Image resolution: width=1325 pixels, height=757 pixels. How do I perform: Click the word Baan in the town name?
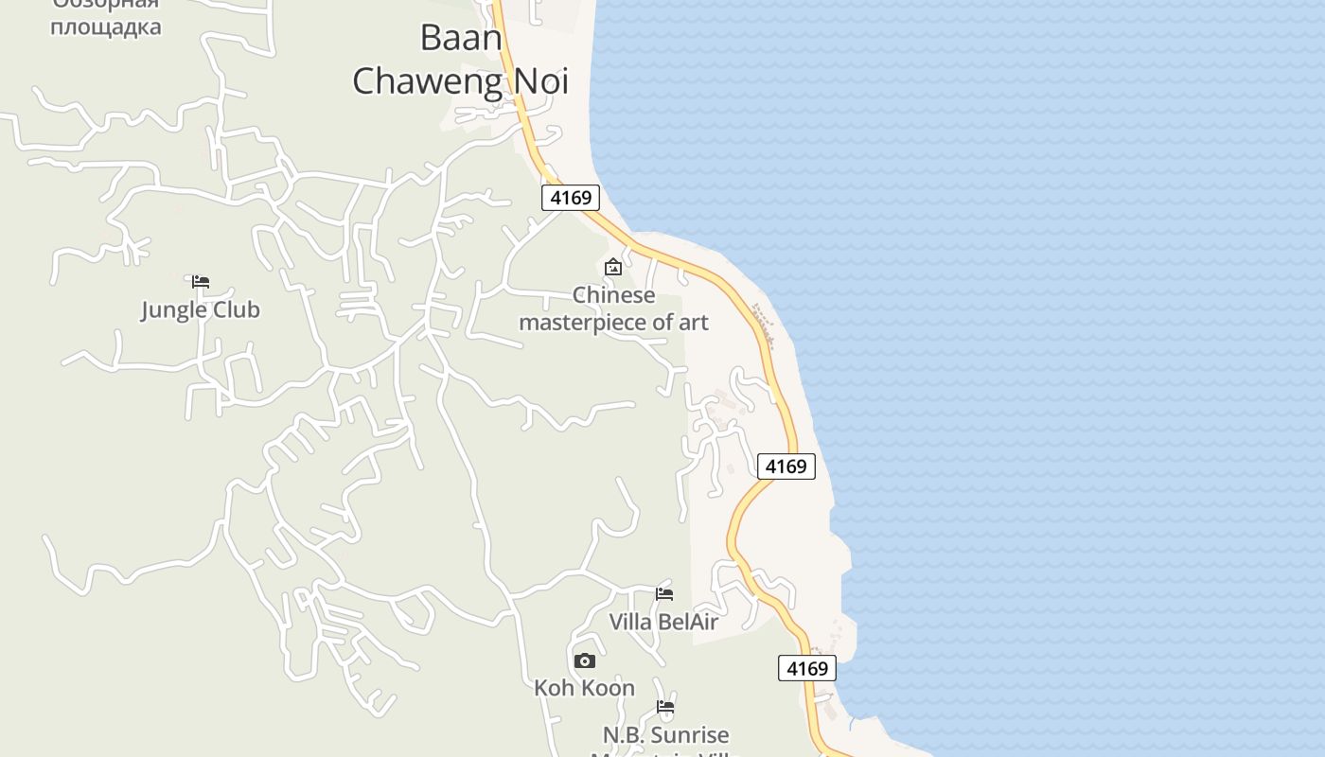pyautogui.click(x=461, y=38)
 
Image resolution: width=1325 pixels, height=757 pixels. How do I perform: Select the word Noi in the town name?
pyautogui.click(x=540, y=81)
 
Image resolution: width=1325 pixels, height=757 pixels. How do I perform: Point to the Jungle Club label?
pyautogui.click(x=200, y=309)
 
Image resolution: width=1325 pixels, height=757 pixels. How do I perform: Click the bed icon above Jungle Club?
pyautogui.click(x=200, y=282)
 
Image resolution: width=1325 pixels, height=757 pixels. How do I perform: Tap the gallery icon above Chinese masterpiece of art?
pyautogui.click(x=613, y=267)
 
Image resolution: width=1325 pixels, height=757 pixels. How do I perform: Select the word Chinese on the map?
pyautogui.click(x=613, y=295)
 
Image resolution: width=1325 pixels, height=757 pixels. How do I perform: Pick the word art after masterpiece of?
pyautogui.click(x=693, y=322)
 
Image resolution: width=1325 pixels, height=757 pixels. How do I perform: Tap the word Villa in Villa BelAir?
pyautogui.click(x=630, y=622)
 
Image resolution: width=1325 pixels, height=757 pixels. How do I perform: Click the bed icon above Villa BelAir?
pyautogui.click(x=664, y=594)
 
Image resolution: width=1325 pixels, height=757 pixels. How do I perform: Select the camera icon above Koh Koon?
pyautogui.click(x=585, y=660)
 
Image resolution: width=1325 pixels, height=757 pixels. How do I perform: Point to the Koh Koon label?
pyautogui.click(x=584, y=688)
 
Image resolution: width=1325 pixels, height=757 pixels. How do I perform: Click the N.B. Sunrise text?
pyautogui.click(x=665, y=735)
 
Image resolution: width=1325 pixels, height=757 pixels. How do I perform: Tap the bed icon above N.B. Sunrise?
pyautogui.click(x=665, y=707)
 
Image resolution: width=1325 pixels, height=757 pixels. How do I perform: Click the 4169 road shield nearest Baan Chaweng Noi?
pyautogui.click(x=571, y=197)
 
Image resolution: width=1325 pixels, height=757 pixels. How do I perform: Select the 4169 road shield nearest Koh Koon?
pyautogui.click(x=807, y=668)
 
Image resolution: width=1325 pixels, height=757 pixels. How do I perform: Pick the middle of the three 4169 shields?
pyautogui.click(x=786, y=466)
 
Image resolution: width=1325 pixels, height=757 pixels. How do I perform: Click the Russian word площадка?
pyautogui.click(x=105, y=26)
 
